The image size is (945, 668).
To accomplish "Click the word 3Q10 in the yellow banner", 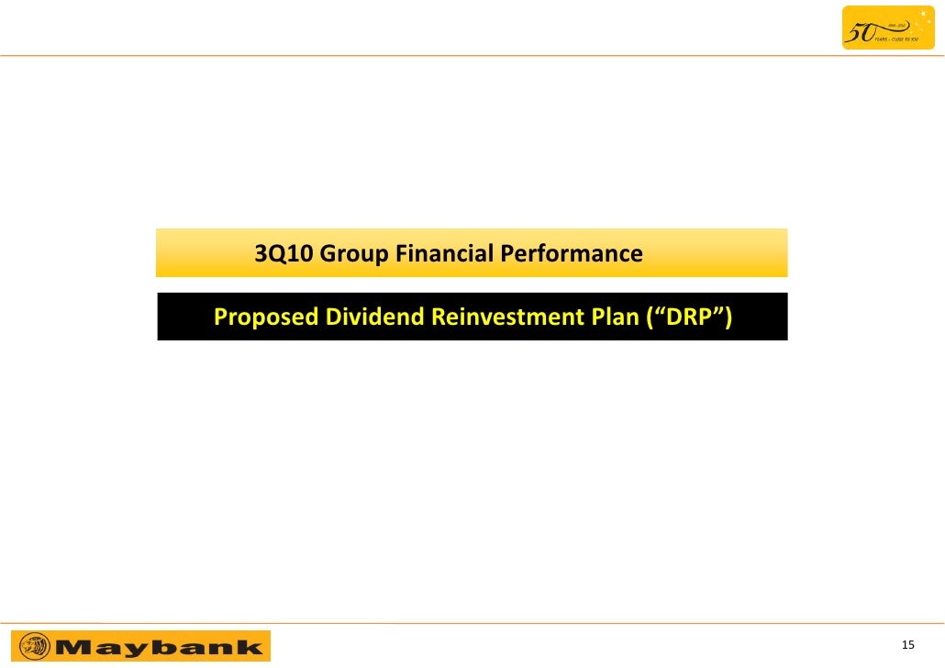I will pyautogui.click(x=283, y=253).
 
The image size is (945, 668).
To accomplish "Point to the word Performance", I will pyautogui.click(x=572, y=253).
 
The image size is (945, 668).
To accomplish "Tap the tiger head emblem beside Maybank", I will pyautogui.click(x=34, y=646).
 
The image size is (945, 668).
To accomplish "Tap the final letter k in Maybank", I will pyautogui.click(x=249, y=646).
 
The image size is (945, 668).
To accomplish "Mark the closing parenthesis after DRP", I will pyautogui.click(x=728, y=317).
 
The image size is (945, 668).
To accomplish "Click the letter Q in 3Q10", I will pyautogui.click(x=273, y=253).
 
